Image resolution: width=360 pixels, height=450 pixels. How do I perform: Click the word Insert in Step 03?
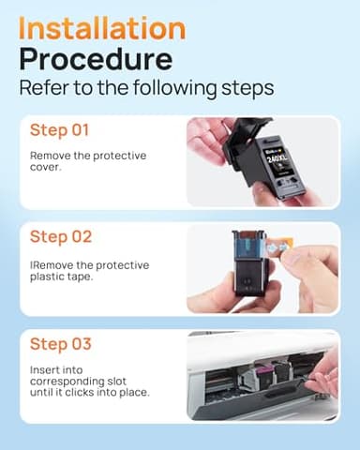(x=46, y=369)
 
